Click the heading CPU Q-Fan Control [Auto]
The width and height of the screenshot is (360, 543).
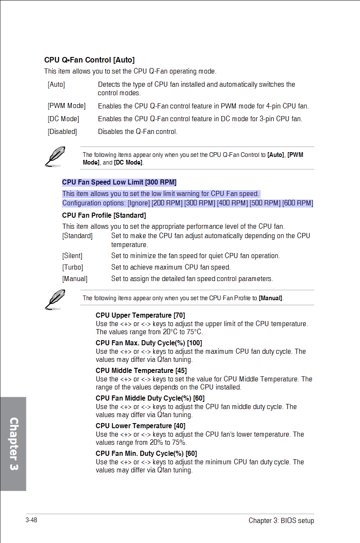coord(89,60)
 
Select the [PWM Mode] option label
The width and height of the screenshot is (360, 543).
coord(66,105)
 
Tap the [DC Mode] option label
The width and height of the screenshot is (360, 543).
coord(63,119)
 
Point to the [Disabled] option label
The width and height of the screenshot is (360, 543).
coord(62,131)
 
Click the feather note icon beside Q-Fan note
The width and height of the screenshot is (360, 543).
coord(55,156)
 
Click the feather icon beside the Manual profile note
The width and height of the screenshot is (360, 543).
coord(55,299)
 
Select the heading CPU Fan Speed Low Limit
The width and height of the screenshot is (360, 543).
coord(119,182)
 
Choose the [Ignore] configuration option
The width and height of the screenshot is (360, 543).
coord(139,203)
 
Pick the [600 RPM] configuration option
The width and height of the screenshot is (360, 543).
coord(298,203)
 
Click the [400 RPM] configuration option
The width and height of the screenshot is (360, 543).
coord(232,203)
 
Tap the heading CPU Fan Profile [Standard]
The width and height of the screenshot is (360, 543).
coord(104,216)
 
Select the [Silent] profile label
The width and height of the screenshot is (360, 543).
coord(72,256)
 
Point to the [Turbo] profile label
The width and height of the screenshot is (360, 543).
coord(73,267)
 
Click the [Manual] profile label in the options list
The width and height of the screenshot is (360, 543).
coord(75,279)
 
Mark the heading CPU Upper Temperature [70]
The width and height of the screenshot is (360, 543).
coord(140,315)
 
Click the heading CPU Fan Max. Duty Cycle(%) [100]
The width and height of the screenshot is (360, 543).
coord(149,343)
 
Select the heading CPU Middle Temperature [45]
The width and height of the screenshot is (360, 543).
coord(141,370)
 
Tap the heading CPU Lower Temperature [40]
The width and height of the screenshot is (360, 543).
coord(140,426)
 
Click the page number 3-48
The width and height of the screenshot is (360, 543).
coord(31,520)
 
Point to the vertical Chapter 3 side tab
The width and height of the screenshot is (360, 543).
coord(14,444)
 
